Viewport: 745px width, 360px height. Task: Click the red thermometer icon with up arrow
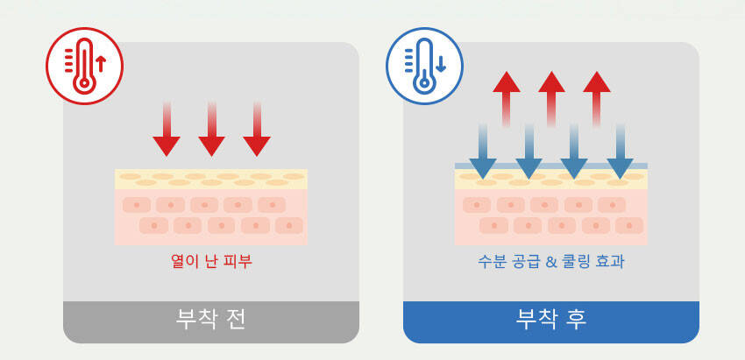point(84,66)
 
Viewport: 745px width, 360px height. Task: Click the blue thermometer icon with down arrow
point(424,66)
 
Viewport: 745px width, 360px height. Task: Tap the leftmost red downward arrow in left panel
point(167,131)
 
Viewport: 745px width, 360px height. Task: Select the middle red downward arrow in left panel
point(211,131)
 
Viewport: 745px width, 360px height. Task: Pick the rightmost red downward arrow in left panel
point(257,131)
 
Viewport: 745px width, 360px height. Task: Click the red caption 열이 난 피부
point(211,261)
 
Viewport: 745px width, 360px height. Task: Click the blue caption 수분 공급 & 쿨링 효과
point(551,261)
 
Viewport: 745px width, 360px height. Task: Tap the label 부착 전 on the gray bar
point(211,320)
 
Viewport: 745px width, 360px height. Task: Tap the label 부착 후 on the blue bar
point(551,320)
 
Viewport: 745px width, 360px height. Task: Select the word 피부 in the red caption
point(238,261)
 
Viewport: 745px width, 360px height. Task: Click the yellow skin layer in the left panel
point(211,179)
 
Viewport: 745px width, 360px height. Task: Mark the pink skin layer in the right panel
point(551,217)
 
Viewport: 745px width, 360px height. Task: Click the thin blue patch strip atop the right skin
point(551,166)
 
